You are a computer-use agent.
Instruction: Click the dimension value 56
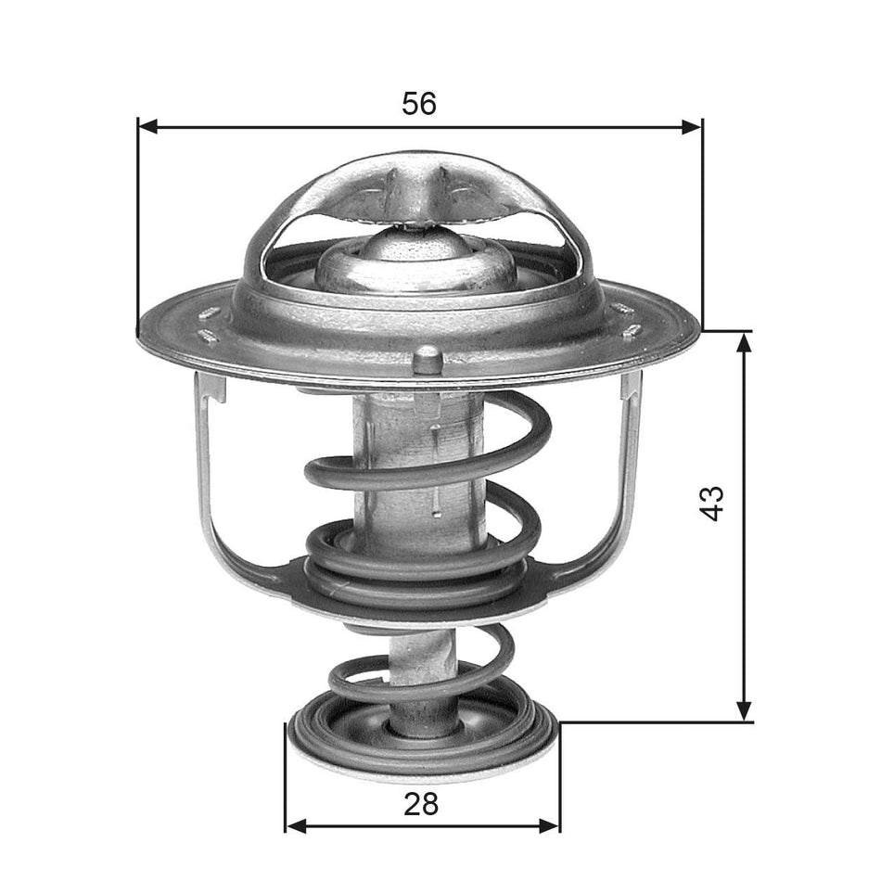coord(418,104)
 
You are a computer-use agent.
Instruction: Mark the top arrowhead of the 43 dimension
coord(743,341)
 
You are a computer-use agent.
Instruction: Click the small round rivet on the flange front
coord(427,358)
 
